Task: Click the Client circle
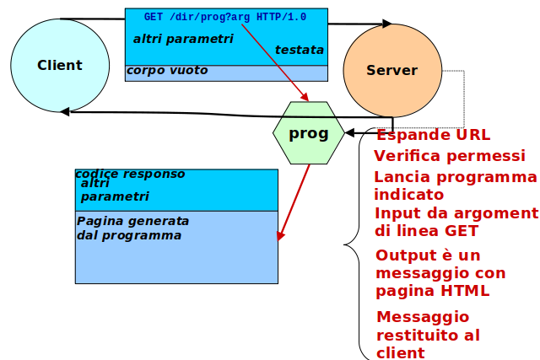pyautogui.click(x=60, y=66)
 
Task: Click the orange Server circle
pyautogui.click(x=392, y=71)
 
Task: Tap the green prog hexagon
pyautogui.click(x=309, y=133)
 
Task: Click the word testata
pyautogui.click(x=299, y=51)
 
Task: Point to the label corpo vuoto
pyautogui.click(x=167, y=71)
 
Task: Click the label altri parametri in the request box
pyautogui.click(x=183, y=39)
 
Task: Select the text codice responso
pyautogui.click(x=130, y=175)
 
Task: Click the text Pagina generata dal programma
pyautogui.click(x=132, y=228)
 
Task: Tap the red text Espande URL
pyautogui.click(x=433, y=135)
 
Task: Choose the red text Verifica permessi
pyautogui.click(x=450, y=156)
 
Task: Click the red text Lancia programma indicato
pyautogui.click(x=455, y=185)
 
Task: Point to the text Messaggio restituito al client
pyautogui.click(x=429, y=335)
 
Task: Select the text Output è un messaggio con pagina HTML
pyautogui.click(x=440, y=273)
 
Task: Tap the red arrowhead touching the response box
pyautogui.click(x=281, y=235)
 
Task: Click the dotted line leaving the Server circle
pyautogui.click(x=463, y=97)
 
